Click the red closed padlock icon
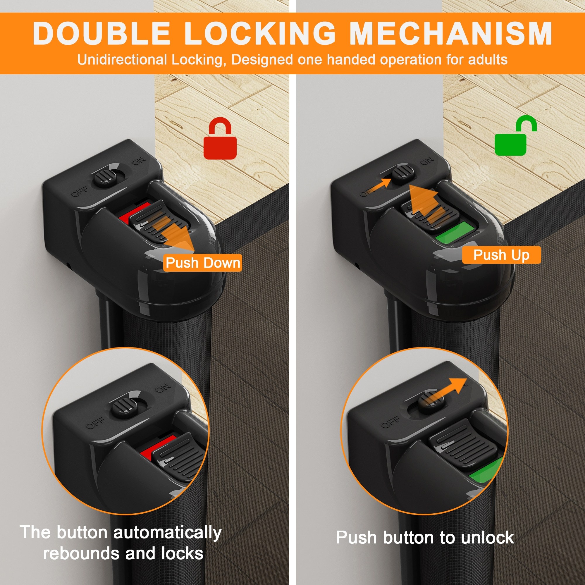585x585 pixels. (220, 138)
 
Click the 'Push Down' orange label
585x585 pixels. (203, 263)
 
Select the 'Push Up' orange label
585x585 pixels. (501, 255)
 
